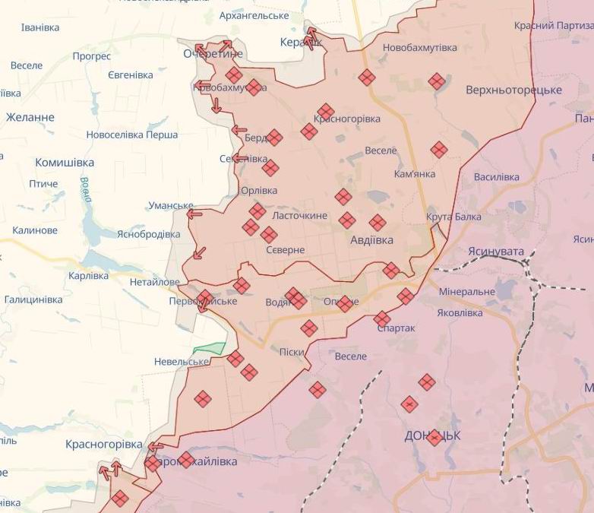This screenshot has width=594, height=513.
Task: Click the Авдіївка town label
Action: click(372, 239)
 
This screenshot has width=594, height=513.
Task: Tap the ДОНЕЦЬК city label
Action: click(432, 435)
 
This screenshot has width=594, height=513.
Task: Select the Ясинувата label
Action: click(496, 251)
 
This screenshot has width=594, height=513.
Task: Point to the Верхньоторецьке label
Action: click(513, 90)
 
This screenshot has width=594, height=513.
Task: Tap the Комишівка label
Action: click(65, 163)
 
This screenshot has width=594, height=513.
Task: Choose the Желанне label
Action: click(30, 118)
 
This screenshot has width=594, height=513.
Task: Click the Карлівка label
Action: click(88, 276)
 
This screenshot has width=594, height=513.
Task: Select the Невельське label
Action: click(182, 362)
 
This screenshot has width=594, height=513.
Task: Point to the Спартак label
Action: click(397, 328)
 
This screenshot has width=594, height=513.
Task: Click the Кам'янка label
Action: click(415, 174)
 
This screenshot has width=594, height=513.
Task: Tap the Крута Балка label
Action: click(453, 217)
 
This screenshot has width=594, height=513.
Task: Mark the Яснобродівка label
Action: click(148, 234)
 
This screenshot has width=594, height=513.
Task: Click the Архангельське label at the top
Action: click(254, 15)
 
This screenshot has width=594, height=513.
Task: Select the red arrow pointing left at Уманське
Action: click(194, 214)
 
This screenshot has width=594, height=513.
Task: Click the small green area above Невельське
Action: click(210, 349)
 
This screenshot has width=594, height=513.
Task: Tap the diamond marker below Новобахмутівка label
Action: click(367, 77)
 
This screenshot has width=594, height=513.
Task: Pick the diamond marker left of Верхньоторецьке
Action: click(436, 81)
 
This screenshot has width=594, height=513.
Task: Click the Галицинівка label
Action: click(33, 299)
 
